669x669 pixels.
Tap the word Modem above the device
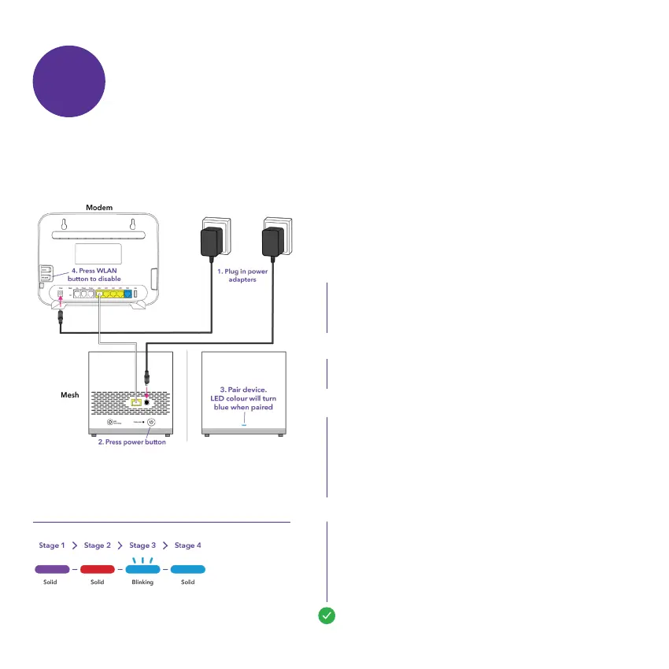[x=99, y=206]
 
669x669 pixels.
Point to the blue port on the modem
[x=128, y=294]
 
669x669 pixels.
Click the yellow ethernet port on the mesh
[x=135, y=402]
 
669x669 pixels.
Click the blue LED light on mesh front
[x=243, y=423]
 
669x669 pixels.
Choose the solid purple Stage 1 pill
[x=52, y=567]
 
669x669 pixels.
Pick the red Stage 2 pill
[x=98, y=567]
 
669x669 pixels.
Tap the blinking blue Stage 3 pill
[x=142, y=567]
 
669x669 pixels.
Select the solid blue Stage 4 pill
[x=187, y=567]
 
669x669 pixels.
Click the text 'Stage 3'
[x=142, y=545]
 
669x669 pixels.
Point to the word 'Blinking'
[x=142, y=582]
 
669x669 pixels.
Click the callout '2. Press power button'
[x=132, y=442]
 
